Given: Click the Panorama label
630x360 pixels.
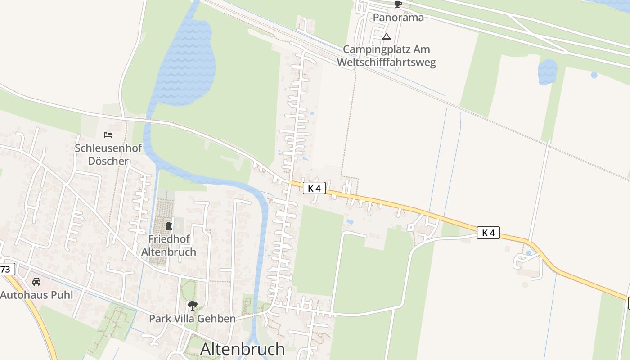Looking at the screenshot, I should (x=398, y=18).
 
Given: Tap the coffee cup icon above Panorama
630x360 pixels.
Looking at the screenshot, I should (x=398, y=4).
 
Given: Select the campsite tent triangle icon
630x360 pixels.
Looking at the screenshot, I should (x=387, y=37).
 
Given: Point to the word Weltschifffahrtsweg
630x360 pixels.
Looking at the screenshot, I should (x=386, y=62).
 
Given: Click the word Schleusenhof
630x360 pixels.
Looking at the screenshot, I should (x=108, y=148).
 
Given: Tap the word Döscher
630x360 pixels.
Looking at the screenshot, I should (x=108, y=161).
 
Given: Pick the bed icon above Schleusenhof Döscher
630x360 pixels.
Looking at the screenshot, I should (x=108, y=135).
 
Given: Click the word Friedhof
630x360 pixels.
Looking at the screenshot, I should (x=169, y=239).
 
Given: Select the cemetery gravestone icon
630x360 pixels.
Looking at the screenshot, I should (x=169, y=225).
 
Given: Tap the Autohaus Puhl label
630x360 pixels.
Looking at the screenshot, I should (x=36, y=295).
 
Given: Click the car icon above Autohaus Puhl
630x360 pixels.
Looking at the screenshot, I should (x=36, y=282).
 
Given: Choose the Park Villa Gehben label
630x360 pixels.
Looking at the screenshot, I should (x=192, y=319).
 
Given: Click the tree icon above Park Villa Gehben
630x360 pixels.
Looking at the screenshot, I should (x=193, y=306).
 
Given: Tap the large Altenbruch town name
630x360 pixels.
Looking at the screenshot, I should (x=243, y=349).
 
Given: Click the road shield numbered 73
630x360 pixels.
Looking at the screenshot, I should (x=6, y=270).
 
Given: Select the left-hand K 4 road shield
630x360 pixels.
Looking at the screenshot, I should (x=314, y=188).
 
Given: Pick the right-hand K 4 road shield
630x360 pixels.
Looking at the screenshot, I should (x=488, y=233).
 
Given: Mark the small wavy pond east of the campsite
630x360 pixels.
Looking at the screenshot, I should (x=547, y=71).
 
